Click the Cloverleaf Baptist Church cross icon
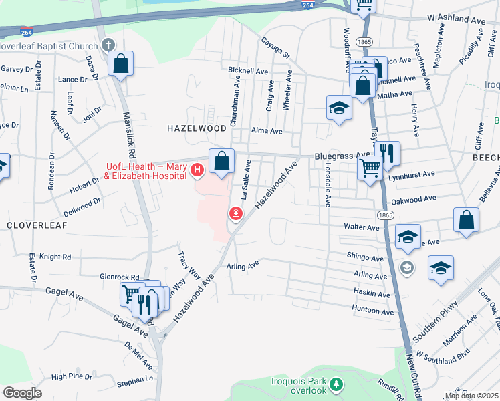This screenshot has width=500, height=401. coord(109,45)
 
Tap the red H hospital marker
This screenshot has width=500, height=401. coord(197,170)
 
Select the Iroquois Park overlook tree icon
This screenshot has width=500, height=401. coord(337,384)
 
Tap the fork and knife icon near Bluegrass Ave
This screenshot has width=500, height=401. coord(386,153)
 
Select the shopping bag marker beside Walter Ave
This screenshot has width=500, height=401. coord(466,220)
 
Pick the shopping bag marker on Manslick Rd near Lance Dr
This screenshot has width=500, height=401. coord(121,64)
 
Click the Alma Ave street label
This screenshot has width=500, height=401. coord(267,132)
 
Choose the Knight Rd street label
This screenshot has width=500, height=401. coord(55,257)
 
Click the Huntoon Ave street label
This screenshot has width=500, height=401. coord(373,311)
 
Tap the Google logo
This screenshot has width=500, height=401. coord(22,392)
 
